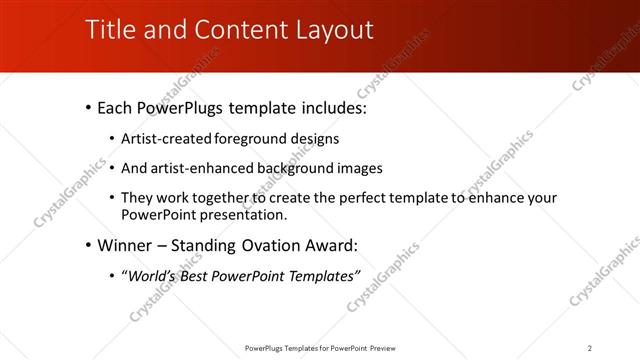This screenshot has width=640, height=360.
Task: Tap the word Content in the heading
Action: click(x=229, y=30)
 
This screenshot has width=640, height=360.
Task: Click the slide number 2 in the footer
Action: click(x=590, y=347)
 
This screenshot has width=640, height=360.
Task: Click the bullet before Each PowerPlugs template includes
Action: click(x=89, y=106)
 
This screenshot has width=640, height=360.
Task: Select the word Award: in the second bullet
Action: click(x=329, y=245)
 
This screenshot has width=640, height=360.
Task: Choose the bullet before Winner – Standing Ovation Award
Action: click(x=89, y=245)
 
